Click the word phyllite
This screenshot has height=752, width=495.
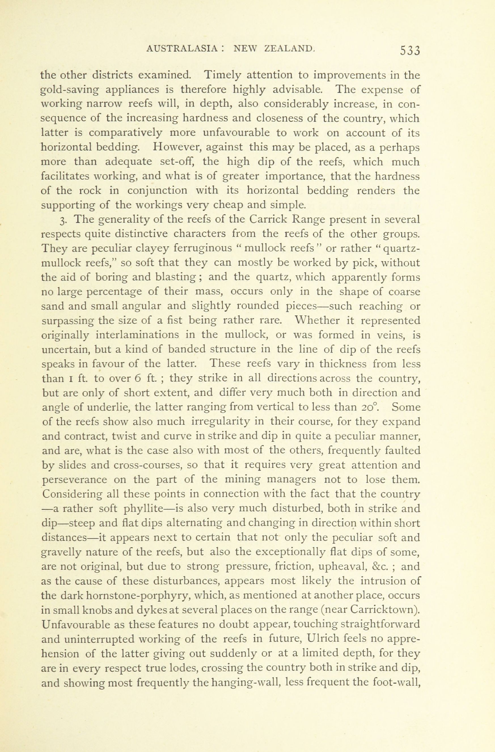[x=147, y=509]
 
